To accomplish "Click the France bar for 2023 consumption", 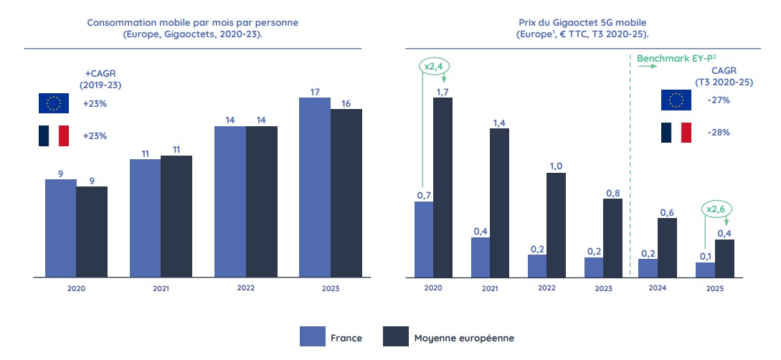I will coord(315,187).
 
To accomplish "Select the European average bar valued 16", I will coord(346,193).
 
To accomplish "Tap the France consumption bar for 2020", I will coord(60,228).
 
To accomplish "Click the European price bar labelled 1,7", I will coord(442,187).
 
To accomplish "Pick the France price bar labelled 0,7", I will coord(424,239).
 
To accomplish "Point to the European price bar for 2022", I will coord(556,224).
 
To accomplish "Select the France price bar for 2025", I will coord(705,270).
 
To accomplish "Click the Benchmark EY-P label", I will coord(671,55).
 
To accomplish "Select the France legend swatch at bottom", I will coord(312,336).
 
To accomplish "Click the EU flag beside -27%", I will coord(675,100).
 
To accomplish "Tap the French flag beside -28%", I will coord(675,133).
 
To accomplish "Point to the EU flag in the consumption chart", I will coord(54,103).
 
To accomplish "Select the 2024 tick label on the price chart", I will coord(657,288).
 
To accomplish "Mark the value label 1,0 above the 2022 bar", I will coord(556,166).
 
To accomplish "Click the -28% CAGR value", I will coord(719,133).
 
